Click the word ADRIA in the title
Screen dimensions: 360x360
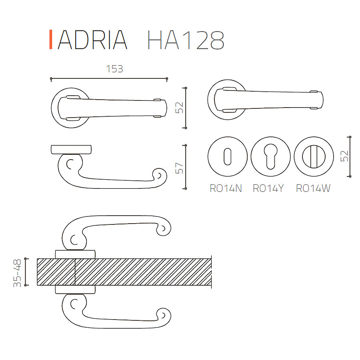click(92, 40)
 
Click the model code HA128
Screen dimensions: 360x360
click(186, 40)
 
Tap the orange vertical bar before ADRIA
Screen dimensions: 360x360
click(51, 40)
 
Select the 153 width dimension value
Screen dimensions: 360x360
click(114, 69)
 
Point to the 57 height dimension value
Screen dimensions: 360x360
click(179, 168)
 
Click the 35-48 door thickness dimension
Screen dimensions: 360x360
click(17, 273)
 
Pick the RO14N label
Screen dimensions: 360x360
click(226, 188)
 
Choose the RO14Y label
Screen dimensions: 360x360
click(268, 188)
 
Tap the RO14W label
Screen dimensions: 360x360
click(313, 188)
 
